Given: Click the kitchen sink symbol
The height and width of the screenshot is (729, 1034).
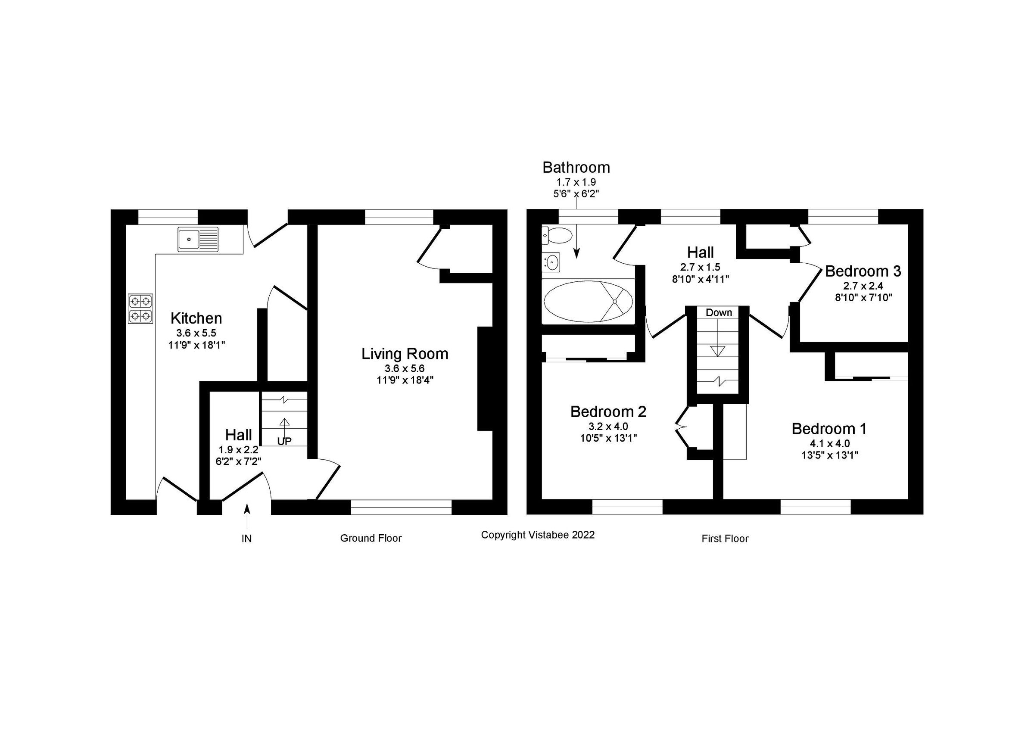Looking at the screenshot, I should pos(198,239).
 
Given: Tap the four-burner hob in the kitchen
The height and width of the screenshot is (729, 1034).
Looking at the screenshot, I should pos(140,308).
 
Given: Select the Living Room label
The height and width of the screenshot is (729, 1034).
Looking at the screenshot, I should pos(405,354).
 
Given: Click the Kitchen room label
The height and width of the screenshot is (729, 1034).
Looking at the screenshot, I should pos(196,318).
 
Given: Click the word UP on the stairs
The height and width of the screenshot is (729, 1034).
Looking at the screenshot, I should pos(284,441).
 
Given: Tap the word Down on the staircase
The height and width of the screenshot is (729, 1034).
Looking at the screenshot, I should pos(718,312).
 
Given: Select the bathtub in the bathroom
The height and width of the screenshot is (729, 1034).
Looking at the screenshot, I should pos(587,301).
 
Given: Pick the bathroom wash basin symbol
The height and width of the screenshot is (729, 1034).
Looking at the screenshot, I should pos(551,262).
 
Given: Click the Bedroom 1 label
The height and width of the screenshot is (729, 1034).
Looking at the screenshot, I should pos(828,429).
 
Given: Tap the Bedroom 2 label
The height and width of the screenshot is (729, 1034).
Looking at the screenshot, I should pos(608,411).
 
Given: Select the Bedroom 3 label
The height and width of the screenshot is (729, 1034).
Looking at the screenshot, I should pos(863,271).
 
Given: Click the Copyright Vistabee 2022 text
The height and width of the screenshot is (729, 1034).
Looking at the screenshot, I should pos(537,535).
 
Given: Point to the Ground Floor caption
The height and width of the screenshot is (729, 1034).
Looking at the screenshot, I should pos(371,538).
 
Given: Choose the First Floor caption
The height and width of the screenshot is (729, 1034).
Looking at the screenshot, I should pos(725,539).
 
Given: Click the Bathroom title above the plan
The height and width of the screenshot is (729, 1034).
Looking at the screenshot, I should pos(576,168).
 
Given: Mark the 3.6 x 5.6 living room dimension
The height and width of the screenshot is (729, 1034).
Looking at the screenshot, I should pos(405,368).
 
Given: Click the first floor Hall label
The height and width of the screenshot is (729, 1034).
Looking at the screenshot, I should pos(700,252).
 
